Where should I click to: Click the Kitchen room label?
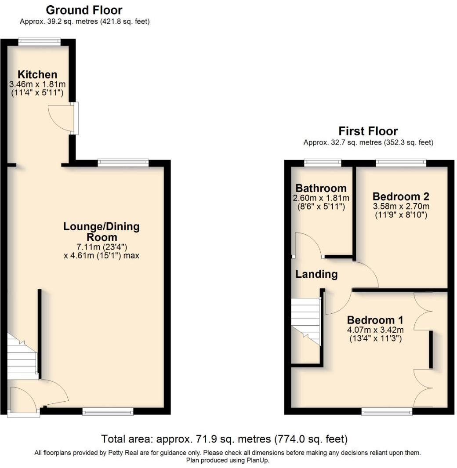(x=37, y=74)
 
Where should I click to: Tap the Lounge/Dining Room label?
(x=102, y=232)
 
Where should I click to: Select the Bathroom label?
(x=321, y=189)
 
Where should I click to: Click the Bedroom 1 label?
(x=375, y=320)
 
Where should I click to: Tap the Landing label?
(x=316, y=274)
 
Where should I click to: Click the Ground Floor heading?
(x=84, y=10)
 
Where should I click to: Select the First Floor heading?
(x=368, y=131)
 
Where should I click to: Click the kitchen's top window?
(x=40, y=42)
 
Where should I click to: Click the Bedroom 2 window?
(x=401, y=163)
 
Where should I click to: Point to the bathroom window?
(x=323, y=163)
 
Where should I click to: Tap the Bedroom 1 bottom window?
(x=387, y=412)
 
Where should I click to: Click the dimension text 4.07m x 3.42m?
(x=375, y=330)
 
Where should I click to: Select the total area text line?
(x=225, y=439)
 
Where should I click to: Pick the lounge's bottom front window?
(x=108, y=412)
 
